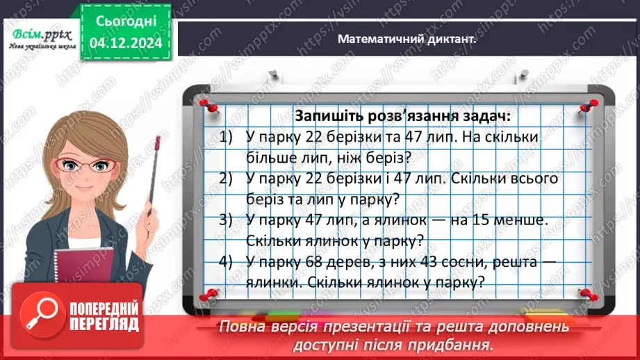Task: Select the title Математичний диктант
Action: point(407,40)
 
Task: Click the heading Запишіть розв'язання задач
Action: point(397,115)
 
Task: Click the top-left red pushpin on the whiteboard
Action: point(207,105)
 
